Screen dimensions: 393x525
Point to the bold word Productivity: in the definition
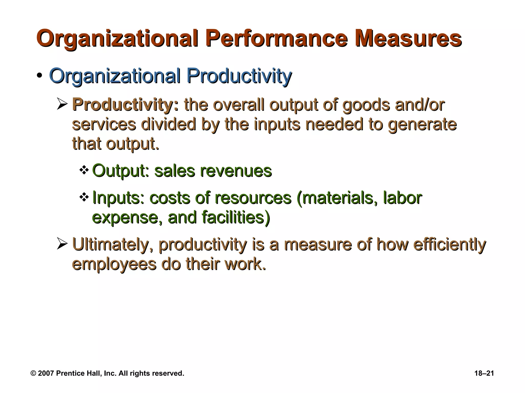125,105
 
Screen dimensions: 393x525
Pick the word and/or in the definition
420,105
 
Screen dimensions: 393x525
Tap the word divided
169,124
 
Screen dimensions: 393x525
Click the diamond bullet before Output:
84,170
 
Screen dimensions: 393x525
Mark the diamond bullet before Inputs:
84,197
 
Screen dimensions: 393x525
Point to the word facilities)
236,217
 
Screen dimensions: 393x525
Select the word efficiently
449,245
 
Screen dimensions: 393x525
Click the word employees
114,264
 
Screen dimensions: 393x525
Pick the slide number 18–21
484,373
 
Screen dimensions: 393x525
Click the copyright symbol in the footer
33,373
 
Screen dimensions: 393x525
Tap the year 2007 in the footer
46,373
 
